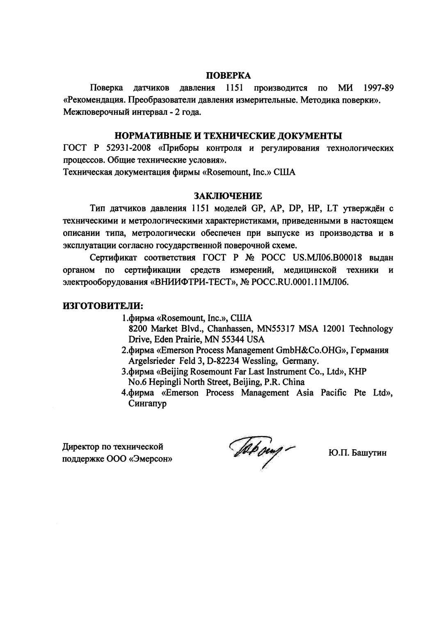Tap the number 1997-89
point(378,88)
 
